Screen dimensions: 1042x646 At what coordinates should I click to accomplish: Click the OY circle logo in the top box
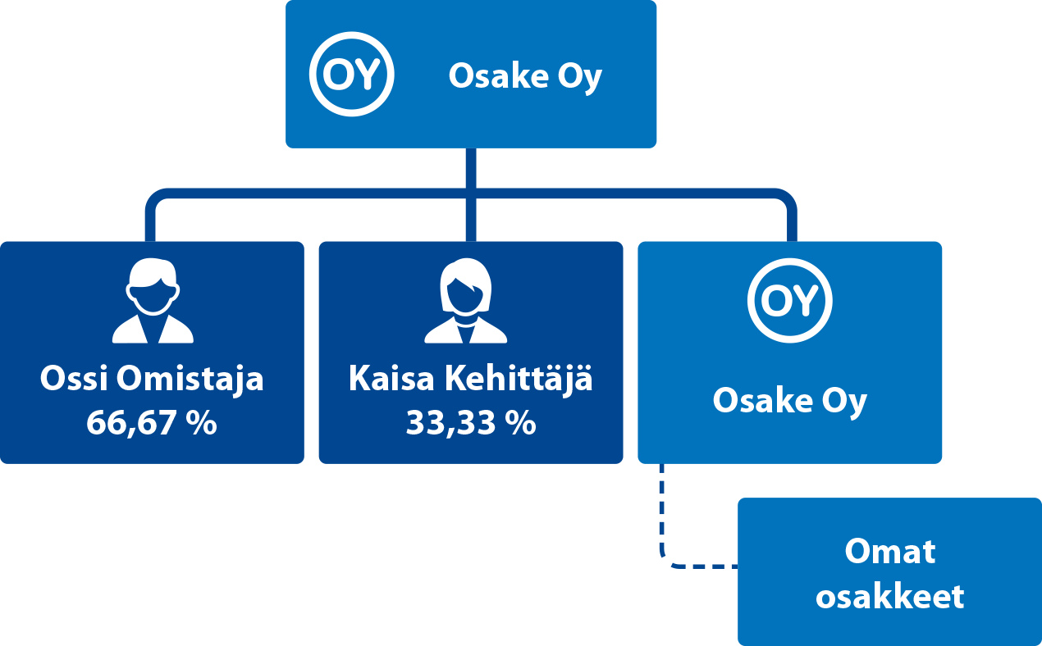click(x=352, y=74)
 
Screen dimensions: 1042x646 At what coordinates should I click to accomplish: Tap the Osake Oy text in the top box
click(x=525, y=77)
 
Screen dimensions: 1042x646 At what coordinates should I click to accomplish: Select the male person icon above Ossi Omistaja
click(x=153, y=301)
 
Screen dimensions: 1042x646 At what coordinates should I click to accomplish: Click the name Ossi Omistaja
click(x=152, y=380)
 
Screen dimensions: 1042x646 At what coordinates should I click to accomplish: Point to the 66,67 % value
click(x=152, y=423)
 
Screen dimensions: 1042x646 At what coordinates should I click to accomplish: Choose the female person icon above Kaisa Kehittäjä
click(x=466, y=301)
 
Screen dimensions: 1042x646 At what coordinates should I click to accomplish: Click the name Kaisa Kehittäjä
click(x=471, y=380)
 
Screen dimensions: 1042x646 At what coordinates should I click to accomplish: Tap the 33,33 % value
click(x=471, y=423)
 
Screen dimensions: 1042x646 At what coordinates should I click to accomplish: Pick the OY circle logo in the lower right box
click(x=790, y=301)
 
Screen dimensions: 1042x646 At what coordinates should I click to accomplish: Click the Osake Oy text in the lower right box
click(x=790, y=401)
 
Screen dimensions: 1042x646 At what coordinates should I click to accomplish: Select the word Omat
click(x=890, y=552)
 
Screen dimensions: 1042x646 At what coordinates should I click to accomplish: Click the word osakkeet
click(x=890, y=596)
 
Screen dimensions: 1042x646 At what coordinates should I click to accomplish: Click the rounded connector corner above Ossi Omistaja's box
click(x=156, y=199)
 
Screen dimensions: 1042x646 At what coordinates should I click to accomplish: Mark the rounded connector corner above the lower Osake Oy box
click(x=786, y=199)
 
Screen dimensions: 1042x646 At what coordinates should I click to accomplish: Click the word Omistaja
click(x=190, y=380)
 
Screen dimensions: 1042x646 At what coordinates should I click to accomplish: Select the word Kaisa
click(x=391, y=378)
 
